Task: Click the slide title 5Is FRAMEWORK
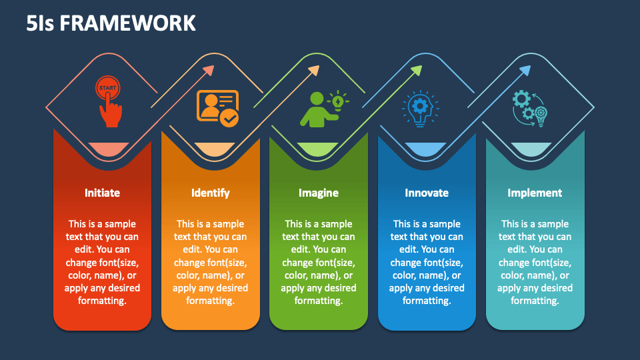pyautogui.click(x=111, y=23)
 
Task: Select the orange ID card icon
pyautogui.click(x=217, y=108)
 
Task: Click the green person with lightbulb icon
pyautogui.click(x=325, y=109)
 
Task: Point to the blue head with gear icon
pyautogui.click(x=421, y=109)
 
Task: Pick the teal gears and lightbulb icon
pyautogui.click(x=530, y=109)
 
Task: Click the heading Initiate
pyautogui.click(x=102, y=193)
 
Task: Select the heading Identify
pyautogui.click(x=211, y=193)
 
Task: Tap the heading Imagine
pyautogui.click(x=319, y=193)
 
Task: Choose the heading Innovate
pyautogui.click(x=427, y=193)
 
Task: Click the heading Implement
pyautogui.click(x=535, y=193)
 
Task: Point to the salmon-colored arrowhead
pyautogui.click(x=209, y=71)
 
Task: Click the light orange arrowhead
pyautogui.click(x=313, y=71)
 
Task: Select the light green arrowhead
pyautogui.click(x=416, y=71)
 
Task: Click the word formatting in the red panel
pyautogui.click(x=102, y=301)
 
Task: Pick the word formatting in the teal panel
pyautogui.click(x=535, y=301)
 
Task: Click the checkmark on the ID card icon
pyautogui.click(x=229, y=119)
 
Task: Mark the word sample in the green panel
pyautogui.click(x=336, y=224)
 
